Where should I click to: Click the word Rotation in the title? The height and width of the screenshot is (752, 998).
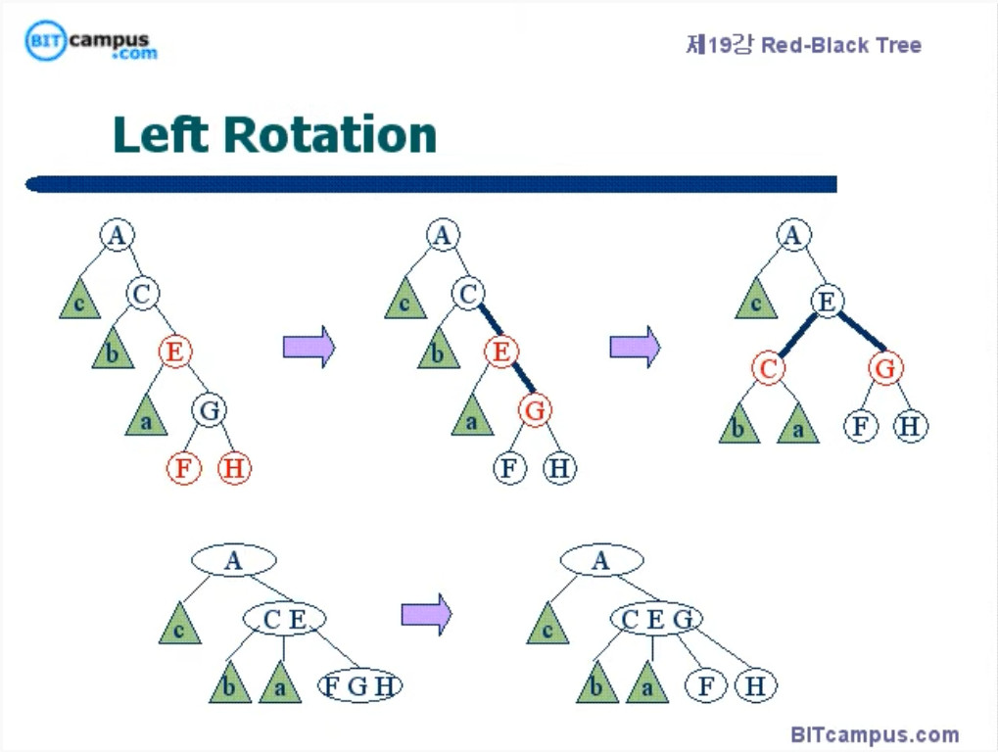click(x=330, y=134)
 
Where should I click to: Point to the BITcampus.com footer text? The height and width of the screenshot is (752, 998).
click(x=875, y=734)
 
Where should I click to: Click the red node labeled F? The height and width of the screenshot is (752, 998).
click(x=182, y=468)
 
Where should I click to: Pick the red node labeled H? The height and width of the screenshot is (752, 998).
click(x=234, y=468)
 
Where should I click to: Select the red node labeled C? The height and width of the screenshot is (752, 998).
click(x=769, y=368)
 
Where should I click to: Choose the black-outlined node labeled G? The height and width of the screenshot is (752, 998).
click(x=209, y=409)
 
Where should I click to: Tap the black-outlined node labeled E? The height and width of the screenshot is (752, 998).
click(x=827, y=302)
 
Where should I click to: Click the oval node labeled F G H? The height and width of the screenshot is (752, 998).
click(x=359, y=685)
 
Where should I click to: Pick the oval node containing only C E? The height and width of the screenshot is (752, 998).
click(x=285, y=619)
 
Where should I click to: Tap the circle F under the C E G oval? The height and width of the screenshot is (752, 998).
click(x=705, y=685)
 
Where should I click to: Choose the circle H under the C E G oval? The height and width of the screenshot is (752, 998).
click(x=755, y=685)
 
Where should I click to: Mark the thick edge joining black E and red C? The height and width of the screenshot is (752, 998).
click(x=798, y=335)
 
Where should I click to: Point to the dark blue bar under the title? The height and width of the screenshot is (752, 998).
click(x=431, y=184)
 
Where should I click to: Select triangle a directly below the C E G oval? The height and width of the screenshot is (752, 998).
click(x=647, y=684)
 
